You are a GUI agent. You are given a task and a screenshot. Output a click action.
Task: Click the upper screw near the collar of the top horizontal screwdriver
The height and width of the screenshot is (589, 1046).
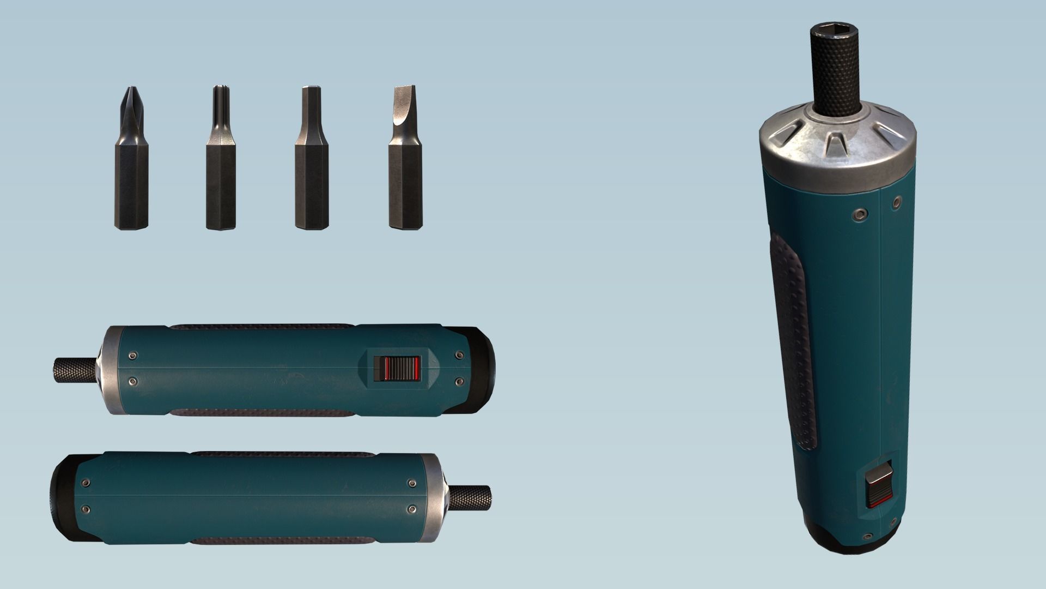click(x=132, y=356)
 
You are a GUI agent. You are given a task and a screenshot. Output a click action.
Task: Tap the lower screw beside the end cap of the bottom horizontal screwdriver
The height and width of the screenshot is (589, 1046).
click(x=85, y=509)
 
